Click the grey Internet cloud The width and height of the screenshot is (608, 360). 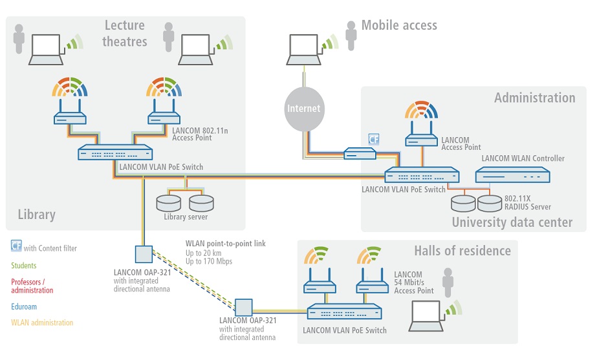pos(305,109)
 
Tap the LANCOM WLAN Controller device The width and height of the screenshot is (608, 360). pos(513,175)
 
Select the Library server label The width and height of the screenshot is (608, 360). pos(186,217)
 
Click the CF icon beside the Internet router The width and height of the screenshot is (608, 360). pos(374,139)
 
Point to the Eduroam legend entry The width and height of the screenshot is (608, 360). pos(24,306)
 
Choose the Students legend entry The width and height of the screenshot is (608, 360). pos(24,266)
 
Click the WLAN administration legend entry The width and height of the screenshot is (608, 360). pos(42,323)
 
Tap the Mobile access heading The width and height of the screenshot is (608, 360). pos(399,25)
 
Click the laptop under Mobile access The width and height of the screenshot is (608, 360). pos(303,50)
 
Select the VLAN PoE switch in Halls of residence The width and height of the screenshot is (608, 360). pos(344,312)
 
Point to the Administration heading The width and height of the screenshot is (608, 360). pos(535,98)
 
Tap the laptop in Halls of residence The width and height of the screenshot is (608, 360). pos(426,316)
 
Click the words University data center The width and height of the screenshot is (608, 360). pos(512,222)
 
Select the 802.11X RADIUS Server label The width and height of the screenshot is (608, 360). pos(528,203)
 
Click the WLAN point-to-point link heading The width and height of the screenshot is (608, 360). pos(226,244)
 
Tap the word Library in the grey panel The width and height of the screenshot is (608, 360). pos(36,215)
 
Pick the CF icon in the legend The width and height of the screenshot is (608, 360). pos(16,246)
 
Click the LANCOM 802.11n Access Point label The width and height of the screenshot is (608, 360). pos(200,134)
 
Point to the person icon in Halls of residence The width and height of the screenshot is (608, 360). pos(448,282)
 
